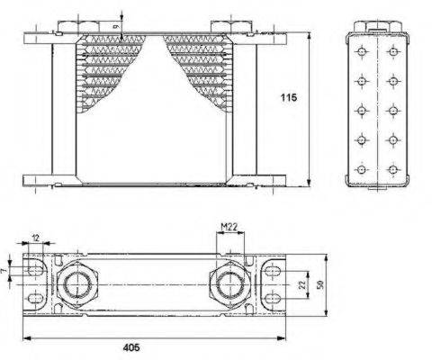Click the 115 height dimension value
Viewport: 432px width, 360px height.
coord(289,97)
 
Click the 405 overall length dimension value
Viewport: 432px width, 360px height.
coord(131,347)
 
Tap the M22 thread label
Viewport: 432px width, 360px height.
coord(229,227)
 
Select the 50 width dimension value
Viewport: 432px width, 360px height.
coord(320,284)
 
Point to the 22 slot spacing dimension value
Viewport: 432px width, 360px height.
coord(303,284)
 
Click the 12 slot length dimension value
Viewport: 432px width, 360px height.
coord(36,238)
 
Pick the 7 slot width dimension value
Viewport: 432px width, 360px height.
coord(4,271)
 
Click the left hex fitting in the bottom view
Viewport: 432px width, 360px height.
coord(77,284)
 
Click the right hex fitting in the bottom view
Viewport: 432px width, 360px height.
coord(229,284)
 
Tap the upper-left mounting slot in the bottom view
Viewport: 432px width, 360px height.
coord(36,271)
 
